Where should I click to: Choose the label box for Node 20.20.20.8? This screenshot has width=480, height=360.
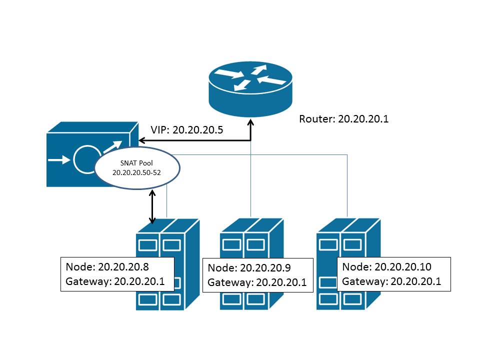tap(117, 274)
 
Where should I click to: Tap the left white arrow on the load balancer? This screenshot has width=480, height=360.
tap(59, 161)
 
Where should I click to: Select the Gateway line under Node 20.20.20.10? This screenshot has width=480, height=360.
tap(391, 281)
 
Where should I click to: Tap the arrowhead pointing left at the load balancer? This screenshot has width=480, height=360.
tap(145, 140)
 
